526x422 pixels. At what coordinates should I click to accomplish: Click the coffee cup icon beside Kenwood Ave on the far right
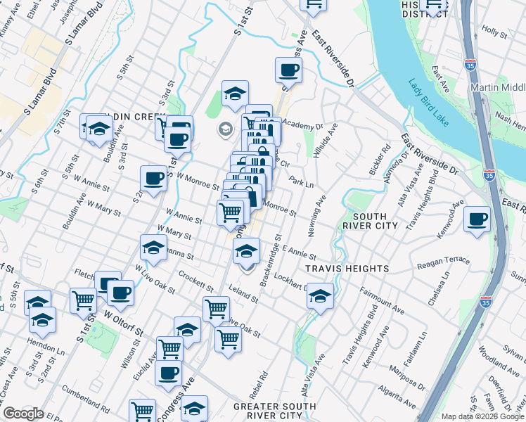(x=477, y=220)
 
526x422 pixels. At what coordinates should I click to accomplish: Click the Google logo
(x=23, y=414)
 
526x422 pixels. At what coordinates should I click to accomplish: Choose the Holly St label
(x=494, y=32)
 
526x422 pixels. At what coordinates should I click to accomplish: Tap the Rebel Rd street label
(x=265, y=375)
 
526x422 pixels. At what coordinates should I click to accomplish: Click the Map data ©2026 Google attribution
(x=482, y=416)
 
